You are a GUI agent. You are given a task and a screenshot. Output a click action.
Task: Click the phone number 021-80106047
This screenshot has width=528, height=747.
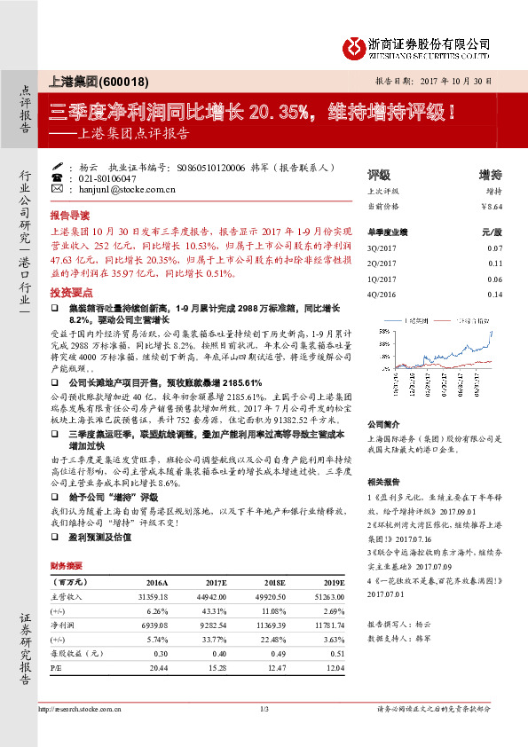(x=103, y=178)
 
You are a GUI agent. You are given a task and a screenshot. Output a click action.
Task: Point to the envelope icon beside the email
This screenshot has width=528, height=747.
(x=58, y=190)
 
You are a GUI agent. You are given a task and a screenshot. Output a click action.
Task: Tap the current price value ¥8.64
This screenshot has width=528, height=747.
(x=492, y=205)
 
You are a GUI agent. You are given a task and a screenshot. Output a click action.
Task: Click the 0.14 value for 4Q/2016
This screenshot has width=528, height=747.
(x=495, y=294)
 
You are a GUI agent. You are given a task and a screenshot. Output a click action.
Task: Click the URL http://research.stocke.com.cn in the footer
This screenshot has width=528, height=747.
(x=80, y=709)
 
